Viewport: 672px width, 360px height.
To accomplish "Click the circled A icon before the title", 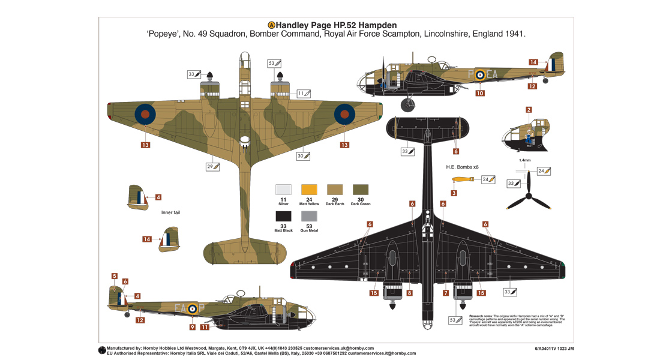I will click(271, 25).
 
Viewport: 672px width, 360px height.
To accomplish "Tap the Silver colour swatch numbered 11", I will click(283, 189).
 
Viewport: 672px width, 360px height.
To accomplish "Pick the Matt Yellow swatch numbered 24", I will click(309, 189).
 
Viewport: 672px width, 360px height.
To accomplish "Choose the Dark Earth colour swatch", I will click(335, 189).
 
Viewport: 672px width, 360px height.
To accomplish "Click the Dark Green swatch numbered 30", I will click(361, 189).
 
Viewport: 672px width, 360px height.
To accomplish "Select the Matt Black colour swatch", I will click(283, 216).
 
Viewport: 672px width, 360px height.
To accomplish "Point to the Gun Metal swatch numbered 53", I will click(309, 216).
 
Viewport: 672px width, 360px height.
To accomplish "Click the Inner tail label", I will click(170, 212).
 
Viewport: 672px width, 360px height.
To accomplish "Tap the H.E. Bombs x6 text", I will click(462, 167).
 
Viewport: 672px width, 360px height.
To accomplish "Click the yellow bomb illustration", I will click(463, 179).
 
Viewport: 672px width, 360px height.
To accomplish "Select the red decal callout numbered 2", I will click(529, 110).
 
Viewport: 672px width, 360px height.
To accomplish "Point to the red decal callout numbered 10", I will click(480, 93).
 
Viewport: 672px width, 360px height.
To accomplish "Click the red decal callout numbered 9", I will click(192, 327).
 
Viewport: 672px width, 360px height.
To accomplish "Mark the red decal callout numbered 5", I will click(114, 277).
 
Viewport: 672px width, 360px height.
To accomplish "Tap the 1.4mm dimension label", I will click(526, 161).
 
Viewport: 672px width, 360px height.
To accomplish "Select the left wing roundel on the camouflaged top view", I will click(145, 113).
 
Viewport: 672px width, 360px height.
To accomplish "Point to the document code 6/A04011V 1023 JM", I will click(554, 348).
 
